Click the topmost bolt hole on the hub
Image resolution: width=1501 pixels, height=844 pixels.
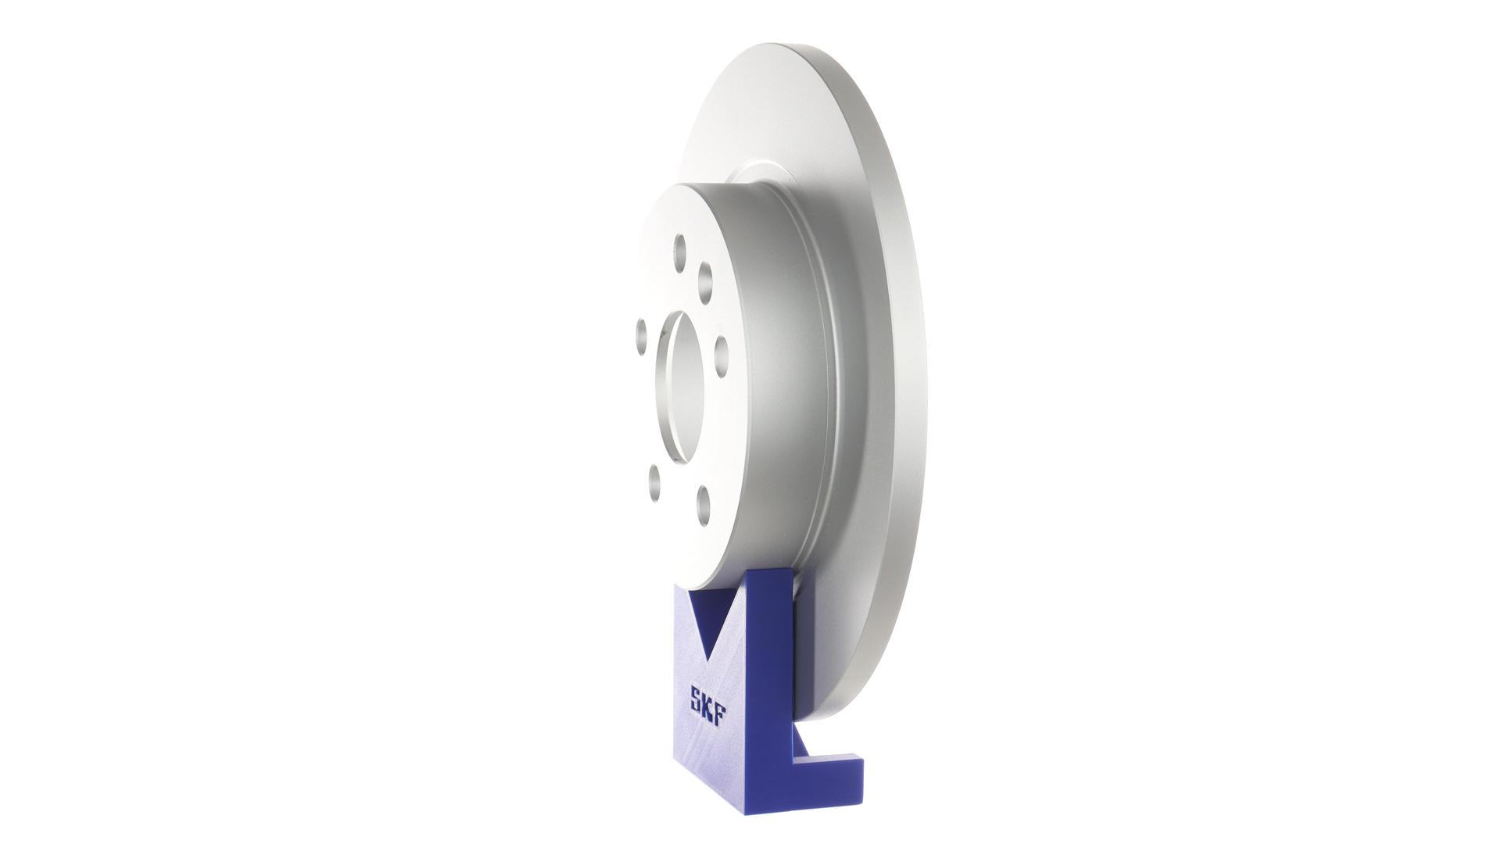679,247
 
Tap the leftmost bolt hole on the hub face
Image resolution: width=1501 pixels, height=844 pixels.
641,338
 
